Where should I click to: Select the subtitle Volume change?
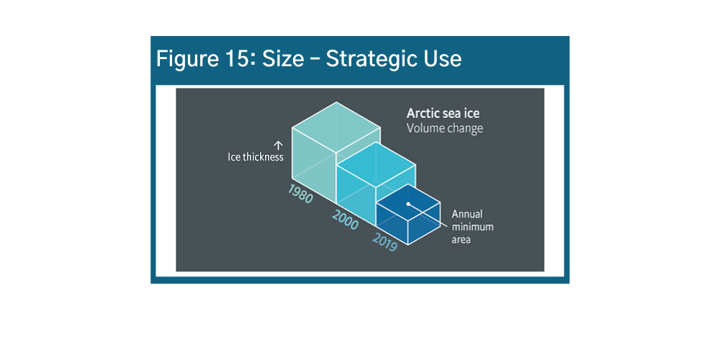point(444,129)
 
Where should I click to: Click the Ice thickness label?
point(256,157)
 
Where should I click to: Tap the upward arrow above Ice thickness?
point(278,145)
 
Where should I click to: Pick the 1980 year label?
point(300,194)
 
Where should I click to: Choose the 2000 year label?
point(345,220)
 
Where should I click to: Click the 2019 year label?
point(385,243)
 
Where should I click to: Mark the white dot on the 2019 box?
point(408,204)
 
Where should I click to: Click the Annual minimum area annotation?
point(467,226)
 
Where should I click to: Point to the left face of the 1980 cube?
point(313,166)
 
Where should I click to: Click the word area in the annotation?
point(461,239)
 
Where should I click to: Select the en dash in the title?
point(313,59)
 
